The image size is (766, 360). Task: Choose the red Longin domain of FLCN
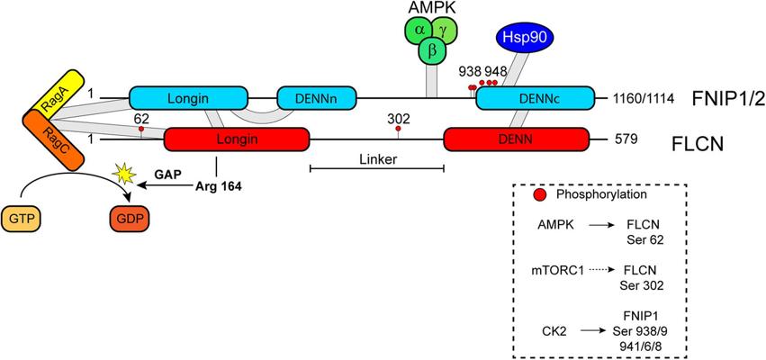pyautogui.click(x=237, y=139)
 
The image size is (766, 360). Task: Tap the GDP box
pyautogui.click(x=129, y=219)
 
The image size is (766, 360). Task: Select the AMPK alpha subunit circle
pyautogui.click(x=419, y=30)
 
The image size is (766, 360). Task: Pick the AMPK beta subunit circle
pyautogui.click(x=433, y=51)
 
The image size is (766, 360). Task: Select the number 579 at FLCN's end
pyautogui.click(x=625, y=139)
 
